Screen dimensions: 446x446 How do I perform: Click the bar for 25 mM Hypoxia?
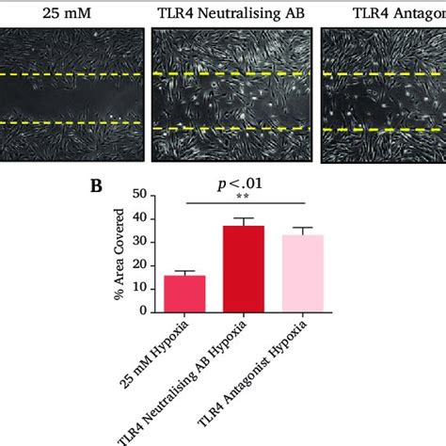click(185, 293)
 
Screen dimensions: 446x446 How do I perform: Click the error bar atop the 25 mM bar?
click(185, 272)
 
